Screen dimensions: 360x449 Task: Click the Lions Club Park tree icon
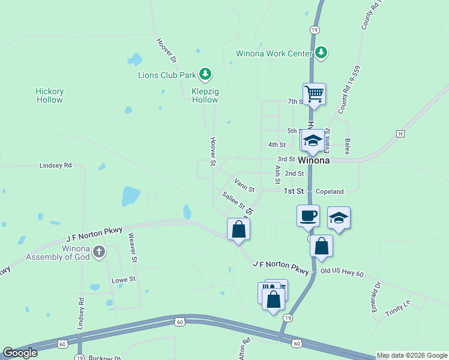tap(206, 74)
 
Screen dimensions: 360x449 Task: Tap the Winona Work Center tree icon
tap(322, 53)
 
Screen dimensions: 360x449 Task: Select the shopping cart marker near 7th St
tap(314, 94)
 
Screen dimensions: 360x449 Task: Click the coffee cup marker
tap(308, 215)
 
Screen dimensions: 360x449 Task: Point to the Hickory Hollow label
tap(49, 95)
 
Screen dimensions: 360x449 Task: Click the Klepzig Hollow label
tap(205, 95)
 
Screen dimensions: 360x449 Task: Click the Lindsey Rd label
tap(55, 165)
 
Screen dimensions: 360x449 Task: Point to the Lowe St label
tap(124, 280)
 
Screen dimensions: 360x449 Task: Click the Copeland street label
tap(330, 191)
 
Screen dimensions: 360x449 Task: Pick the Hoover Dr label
tap(166, 51)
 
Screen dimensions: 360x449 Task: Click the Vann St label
tap(244, 184)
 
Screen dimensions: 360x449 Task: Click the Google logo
tap(20, 353)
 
